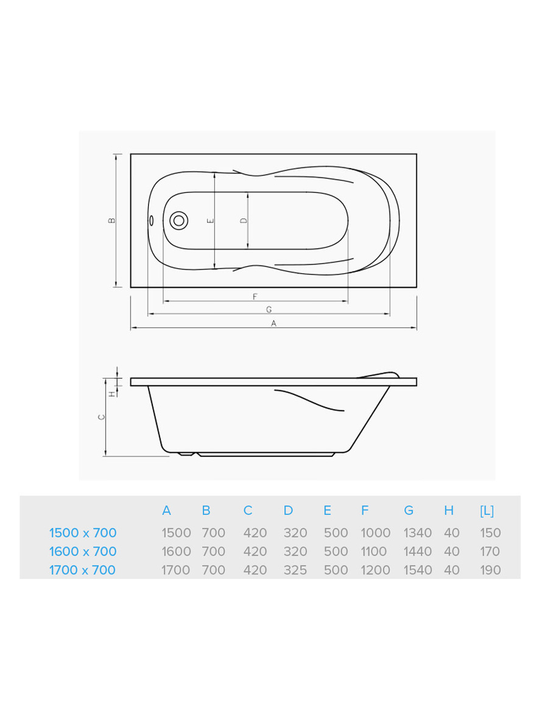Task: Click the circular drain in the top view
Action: pos(179,220)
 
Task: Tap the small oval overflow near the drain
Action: pos(152,220)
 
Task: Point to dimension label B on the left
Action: pos(112,220)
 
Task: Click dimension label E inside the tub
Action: pos(210,220)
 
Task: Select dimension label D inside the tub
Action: pos(244,220)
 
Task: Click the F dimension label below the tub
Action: pos(255,297)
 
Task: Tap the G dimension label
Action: pos(269,310)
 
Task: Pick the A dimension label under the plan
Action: pos(273,323)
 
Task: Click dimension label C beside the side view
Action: pos(101,418)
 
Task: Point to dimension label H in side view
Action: pos(112,394)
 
